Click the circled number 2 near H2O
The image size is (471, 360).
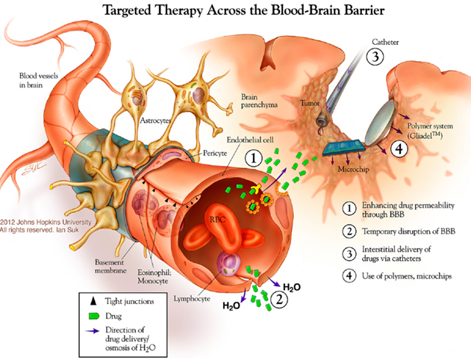pos(278,300)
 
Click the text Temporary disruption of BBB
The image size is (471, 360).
pos(397,231)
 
